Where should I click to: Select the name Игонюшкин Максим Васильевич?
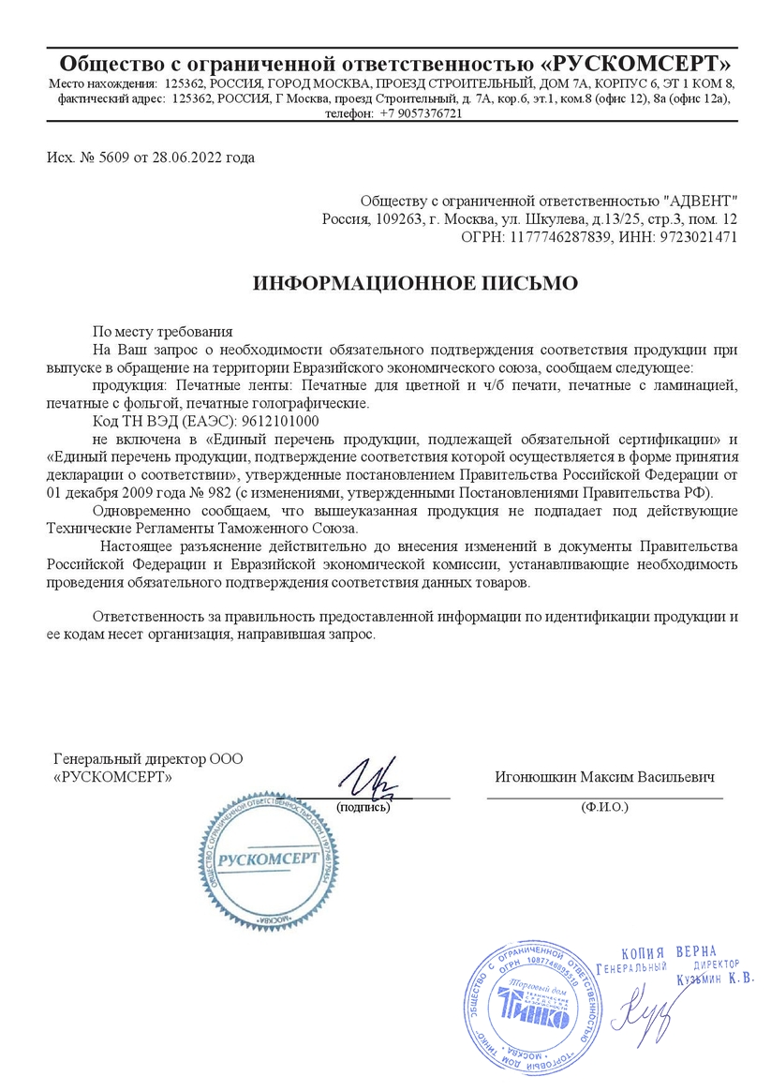coord(604,778)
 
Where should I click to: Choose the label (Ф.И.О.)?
coord(604,806)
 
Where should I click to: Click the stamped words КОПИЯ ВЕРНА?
coord(668,950)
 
